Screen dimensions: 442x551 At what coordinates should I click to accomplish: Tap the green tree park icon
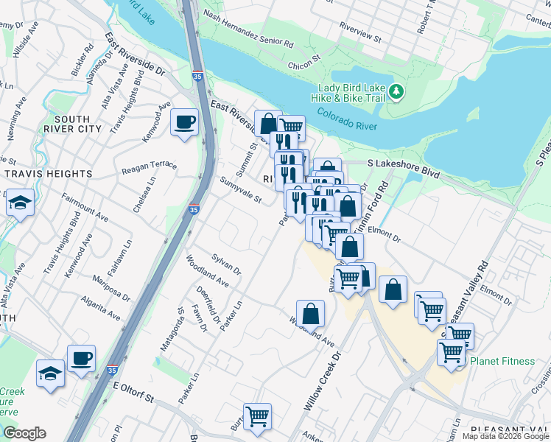coord(397,91)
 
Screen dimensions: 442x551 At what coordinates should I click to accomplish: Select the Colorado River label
coord(347,121)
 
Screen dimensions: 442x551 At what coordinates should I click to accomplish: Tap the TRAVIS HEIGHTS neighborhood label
coord(49,174)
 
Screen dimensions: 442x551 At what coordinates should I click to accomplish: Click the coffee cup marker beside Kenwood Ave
coord(184,122)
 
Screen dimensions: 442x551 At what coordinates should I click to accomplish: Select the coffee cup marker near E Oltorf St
coord(82,359)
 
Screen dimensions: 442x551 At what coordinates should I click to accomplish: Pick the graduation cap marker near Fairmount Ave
coord(21,202)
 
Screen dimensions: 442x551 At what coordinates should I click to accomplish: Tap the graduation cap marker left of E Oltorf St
coord(50,372)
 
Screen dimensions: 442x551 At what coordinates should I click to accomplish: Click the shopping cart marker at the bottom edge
coord(257,417)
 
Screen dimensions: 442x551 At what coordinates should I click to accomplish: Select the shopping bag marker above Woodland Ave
coord(311,312)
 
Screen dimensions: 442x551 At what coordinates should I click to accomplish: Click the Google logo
coord(24,432)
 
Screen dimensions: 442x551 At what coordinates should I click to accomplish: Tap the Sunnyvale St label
coord(240,190)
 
